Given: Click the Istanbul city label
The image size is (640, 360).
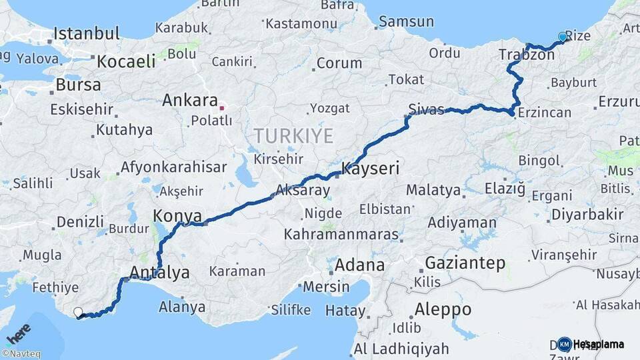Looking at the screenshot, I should (x=87, y=33).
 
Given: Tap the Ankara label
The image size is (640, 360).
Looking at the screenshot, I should (x=190, y=101).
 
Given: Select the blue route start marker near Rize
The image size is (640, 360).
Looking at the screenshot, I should (x=563, y=37).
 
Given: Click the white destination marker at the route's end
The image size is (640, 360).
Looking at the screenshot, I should (x=78, y=312).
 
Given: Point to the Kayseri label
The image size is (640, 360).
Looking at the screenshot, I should (x=370, y=169).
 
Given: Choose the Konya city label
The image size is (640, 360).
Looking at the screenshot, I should (x=177, y=216).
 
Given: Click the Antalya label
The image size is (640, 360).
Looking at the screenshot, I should (x=160, y=272).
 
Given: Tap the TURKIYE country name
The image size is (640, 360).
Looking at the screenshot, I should (x=293, y=137).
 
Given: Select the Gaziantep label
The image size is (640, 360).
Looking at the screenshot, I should (x=465, y=263).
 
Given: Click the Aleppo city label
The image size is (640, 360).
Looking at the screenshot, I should (x=443, y=309).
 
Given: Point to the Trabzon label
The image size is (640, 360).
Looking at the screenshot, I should (x=527, y=55).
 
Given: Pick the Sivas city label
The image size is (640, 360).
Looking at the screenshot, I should (x=425, y=110).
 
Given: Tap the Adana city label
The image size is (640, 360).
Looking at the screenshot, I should (x=359, y=265).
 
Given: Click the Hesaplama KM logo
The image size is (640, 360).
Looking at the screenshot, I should (x=591, y=344).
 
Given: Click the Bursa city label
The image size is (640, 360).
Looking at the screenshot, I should (x=79, y=85).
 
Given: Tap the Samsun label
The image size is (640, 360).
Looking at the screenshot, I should (x=406, y=22).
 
